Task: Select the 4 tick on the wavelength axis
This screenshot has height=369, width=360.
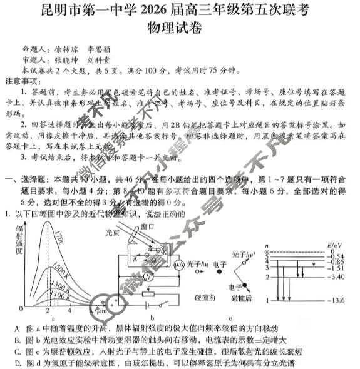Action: [x=69, y=310]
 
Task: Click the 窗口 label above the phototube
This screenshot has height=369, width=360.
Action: [x=148, y=226]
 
